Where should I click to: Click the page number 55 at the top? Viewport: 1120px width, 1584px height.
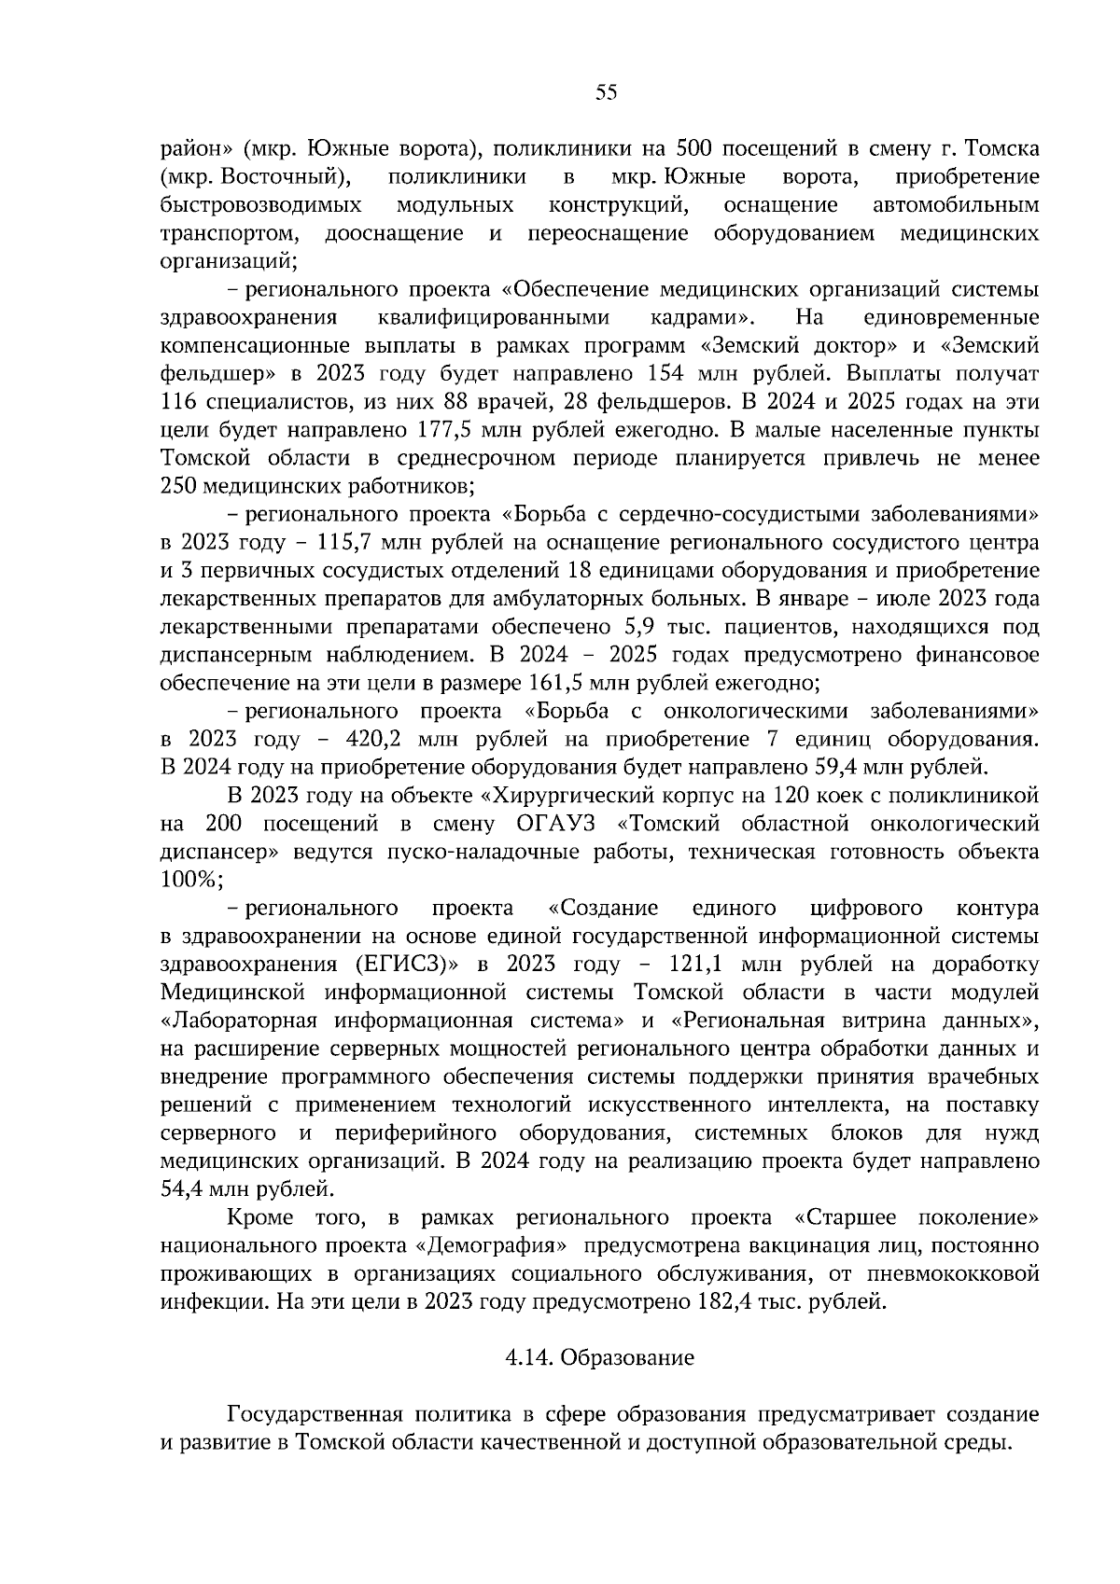point(606,91)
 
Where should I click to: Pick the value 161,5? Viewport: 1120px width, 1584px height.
point(557,682)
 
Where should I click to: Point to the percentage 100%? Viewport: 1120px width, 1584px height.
point(190,880)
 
